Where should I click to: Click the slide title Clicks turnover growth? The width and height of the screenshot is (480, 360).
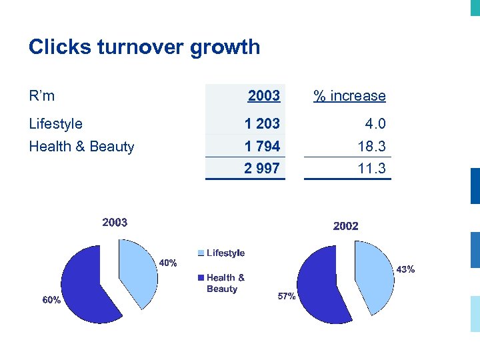144,47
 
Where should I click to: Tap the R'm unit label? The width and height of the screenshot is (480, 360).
42,96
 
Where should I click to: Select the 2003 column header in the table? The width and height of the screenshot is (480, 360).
263,96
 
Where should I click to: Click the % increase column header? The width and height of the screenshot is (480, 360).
349,96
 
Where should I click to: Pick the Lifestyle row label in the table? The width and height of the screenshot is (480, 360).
56,124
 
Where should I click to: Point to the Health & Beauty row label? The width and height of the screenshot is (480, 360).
81,147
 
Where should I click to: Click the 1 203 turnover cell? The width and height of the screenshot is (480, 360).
262,124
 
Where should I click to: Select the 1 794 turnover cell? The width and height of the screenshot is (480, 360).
262,146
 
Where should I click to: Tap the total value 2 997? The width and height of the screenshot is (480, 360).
262,169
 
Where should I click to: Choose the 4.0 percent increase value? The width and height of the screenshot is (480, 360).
375,124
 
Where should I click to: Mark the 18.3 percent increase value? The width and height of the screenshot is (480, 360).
371,146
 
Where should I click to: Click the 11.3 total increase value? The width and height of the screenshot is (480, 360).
371,169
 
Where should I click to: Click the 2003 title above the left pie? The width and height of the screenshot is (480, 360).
115,223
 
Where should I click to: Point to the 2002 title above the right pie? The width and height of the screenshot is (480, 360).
345,227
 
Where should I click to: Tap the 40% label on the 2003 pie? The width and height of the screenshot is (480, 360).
167,263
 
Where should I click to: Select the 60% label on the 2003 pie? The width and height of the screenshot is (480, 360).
51,301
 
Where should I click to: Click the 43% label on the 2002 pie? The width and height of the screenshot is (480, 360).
405,269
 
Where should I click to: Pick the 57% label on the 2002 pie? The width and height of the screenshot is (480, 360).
287,297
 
